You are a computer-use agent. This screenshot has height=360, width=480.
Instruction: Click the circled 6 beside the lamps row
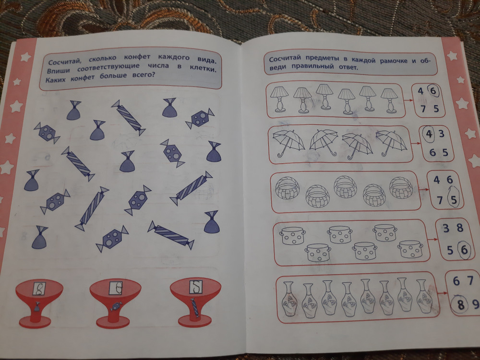[x=433, y=91]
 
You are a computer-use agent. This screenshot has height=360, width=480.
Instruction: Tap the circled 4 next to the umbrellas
[x=429, y=134]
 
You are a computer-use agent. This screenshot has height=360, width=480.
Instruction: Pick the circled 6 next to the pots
[x=464, y=250]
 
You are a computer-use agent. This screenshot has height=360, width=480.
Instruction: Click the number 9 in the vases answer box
[x=475, y=304]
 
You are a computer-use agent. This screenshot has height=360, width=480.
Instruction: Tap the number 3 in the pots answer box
[x=446, y=228]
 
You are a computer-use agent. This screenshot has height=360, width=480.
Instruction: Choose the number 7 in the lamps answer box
[x=423, y=108]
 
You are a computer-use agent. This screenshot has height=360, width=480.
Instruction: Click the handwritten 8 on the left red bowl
[x=39, y=288]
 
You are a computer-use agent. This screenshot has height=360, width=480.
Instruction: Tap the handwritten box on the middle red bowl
[x=115, y=288]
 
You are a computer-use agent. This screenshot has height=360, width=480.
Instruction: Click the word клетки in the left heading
[x=203, y=68]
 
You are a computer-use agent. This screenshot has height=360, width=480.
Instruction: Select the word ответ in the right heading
[x=348, y=67]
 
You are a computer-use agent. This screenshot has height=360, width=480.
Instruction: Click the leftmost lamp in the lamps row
[x=279, y=98]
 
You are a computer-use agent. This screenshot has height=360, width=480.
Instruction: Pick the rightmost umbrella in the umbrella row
[x=391, y=143]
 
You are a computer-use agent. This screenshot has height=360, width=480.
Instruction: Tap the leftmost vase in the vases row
[x=289, y=299]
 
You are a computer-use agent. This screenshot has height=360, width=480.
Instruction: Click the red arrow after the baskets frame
[x=424, y=190]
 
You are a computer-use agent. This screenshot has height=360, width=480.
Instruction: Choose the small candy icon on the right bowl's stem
[x=195, y=307]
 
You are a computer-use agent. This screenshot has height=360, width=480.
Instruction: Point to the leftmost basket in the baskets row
[x=287, y=188]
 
